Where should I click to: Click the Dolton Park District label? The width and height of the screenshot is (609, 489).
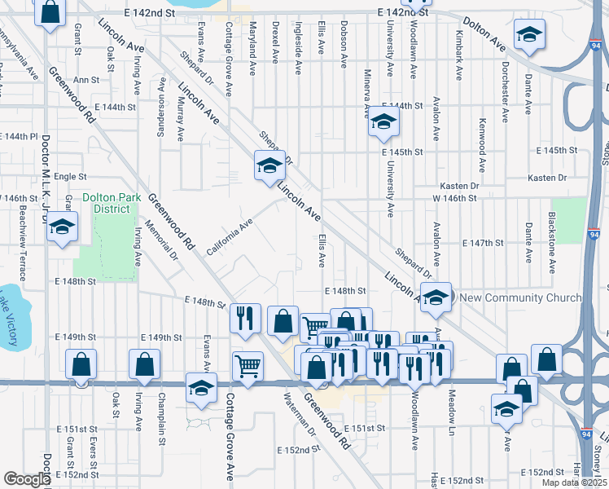[x=106, y=203]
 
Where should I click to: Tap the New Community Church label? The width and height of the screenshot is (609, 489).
[x=521, y=298]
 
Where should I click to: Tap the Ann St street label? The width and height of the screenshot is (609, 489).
[x=85, y=81]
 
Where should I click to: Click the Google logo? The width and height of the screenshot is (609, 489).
[x=27, y=479]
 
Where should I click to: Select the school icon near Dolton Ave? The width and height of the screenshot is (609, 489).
[x=530, y=34]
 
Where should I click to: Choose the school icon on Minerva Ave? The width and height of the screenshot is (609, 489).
[x=382, y=123]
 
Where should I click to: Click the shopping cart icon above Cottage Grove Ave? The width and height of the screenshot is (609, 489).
[x=248, y=364]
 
